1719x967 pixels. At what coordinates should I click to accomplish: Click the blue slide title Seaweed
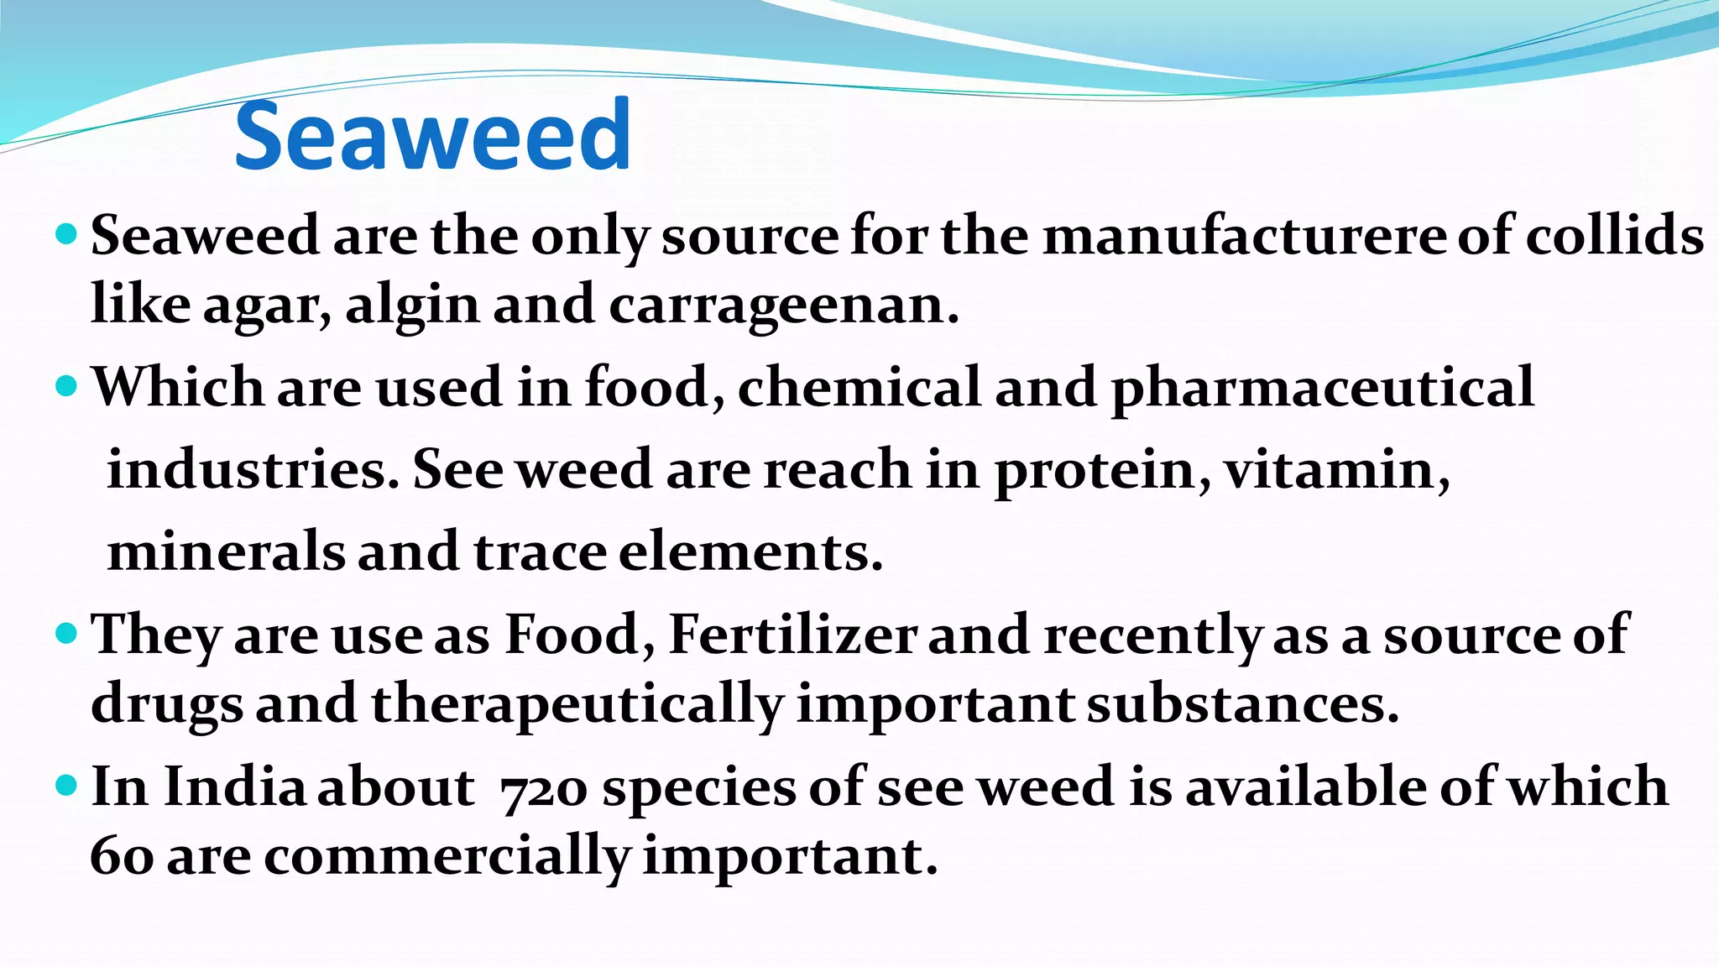(x=432, y=135)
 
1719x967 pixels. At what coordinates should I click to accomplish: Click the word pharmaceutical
(x=1323, y=388)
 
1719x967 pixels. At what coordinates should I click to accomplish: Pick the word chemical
(x=859, y=388)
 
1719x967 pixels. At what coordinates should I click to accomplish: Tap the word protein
(x=1102, y=470)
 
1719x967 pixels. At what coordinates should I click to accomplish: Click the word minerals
(x=227, y=552)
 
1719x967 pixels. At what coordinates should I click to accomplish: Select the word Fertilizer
(x=793, y=635)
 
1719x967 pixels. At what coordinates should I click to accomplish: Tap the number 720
(x=543, y=789)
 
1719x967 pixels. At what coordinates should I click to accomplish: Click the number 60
(x=122, y=857)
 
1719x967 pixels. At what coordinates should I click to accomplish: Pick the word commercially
(x=447, y=857)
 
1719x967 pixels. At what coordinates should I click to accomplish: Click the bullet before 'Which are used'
(x=66, y=387)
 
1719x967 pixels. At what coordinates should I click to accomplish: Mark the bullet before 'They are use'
(x=66, y=633)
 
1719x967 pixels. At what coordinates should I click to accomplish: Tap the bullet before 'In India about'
(x=66, y=787)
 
